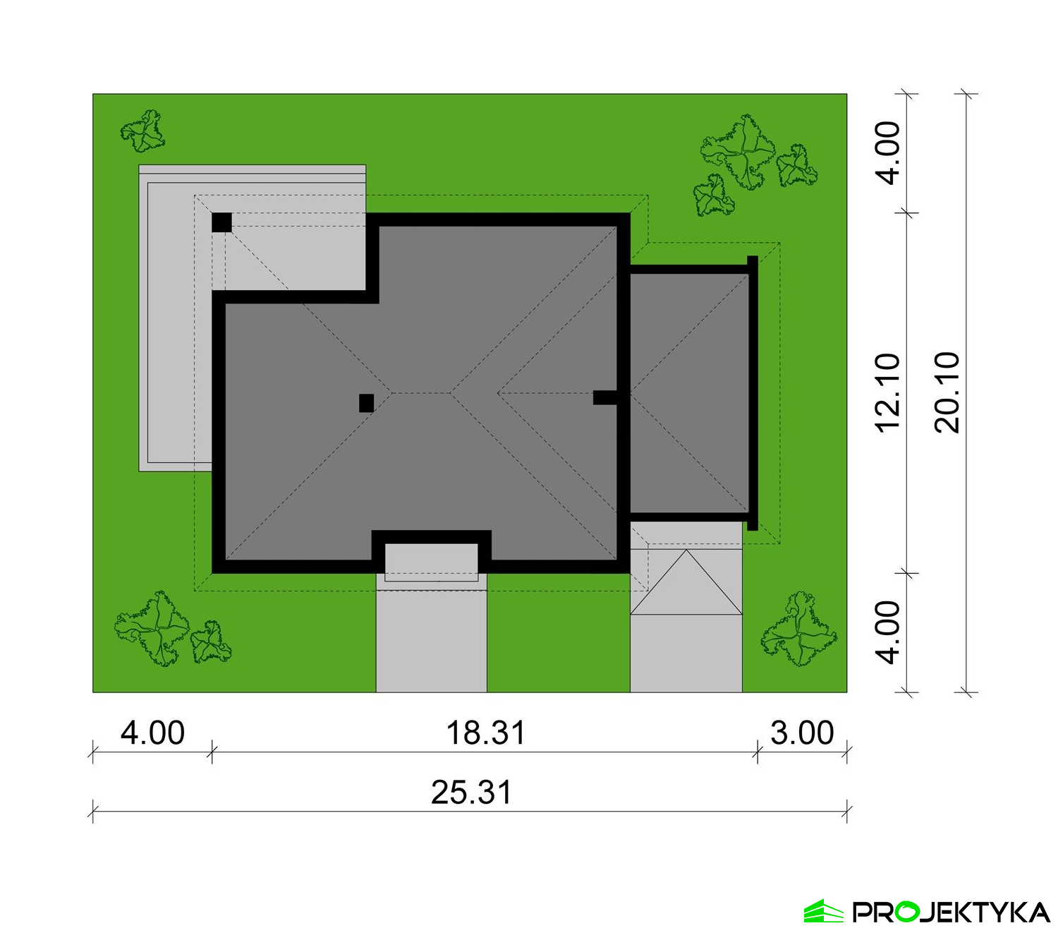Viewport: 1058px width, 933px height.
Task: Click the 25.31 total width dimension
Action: (471, 792)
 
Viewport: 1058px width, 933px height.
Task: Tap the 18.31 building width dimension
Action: (485, 733)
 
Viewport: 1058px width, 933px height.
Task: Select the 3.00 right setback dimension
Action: (802, 733)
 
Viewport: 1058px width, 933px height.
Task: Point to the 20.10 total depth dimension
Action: (947, 393)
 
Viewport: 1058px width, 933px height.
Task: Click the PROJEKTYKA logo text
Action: (951, 912)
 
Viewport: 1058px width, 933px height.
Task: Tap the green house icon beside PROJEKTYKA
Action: (824, 911)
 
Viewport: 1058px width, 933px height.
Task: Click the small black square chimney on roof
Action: (366, 403)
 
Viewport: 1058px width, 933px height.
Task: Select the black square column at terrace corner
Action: (221, 223)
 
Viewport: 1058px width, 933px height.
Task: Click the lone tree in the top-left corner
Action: (142, 131)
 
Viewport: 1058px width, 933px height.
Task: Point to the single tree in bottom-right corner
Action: (798, 629)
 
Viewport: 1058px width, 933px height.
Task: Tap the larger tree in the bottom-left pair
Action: (152, 628)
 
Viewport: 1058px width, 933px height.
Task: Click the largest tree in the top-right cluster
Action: (737, 152)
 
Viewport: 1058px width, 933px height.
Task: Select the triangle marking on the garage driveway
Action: (686, 582)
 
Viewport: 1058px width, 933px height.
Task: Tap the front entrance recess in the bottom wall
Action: (431, 560)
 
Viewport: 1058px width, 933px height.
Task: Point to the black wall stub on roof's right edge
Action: (604, 398)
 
